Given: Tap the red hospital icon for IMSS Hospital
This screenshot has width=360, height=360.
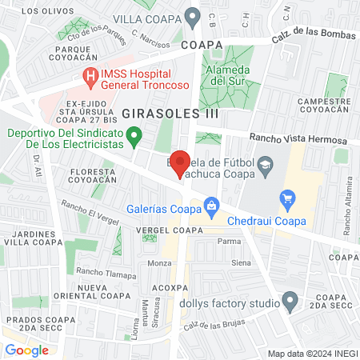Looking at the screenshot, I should point(90,77).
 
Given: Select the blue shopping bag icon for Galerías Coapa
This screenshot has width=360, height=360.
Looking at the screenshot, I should point(211,208).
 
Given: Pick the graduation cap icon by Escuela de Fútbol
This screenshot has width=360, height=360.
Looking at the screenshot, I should point(264,166).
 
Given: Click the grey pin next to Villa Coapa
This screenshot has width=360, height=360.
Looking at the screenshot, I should point(192,15).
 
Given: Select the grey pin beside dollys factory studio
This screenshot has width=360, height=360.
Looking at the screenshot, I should point(291,303).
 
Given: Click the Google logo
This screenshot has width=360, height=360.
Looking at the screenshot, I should point(26,350).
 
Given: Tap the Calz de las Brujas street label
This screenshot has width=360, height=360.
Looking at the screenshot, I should point(214,323).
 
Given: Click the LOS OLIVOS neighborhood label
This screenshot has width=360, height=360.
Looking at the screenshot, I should point(41,11).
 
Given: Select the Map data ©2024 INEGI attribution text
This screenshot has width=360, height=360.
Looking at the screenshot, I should point(312,353).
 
